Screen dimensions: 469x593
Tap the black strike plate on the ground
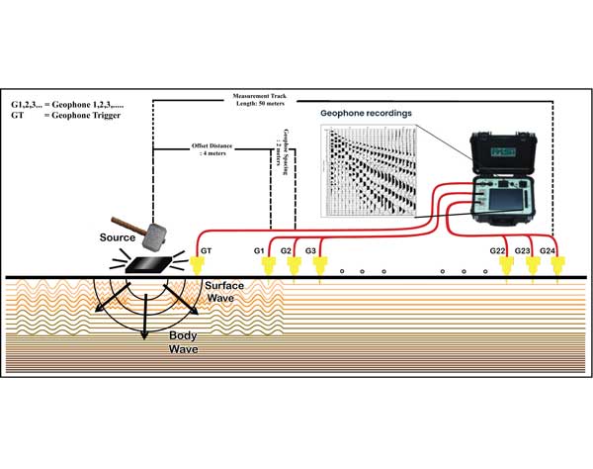tap(153, 263)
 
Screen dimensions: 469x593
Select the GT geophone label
tap(206, 252)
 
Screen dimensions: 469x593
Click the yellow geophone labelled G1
tap(272, 263)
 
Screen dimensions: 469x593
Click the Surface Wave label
tap(225, 292)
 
